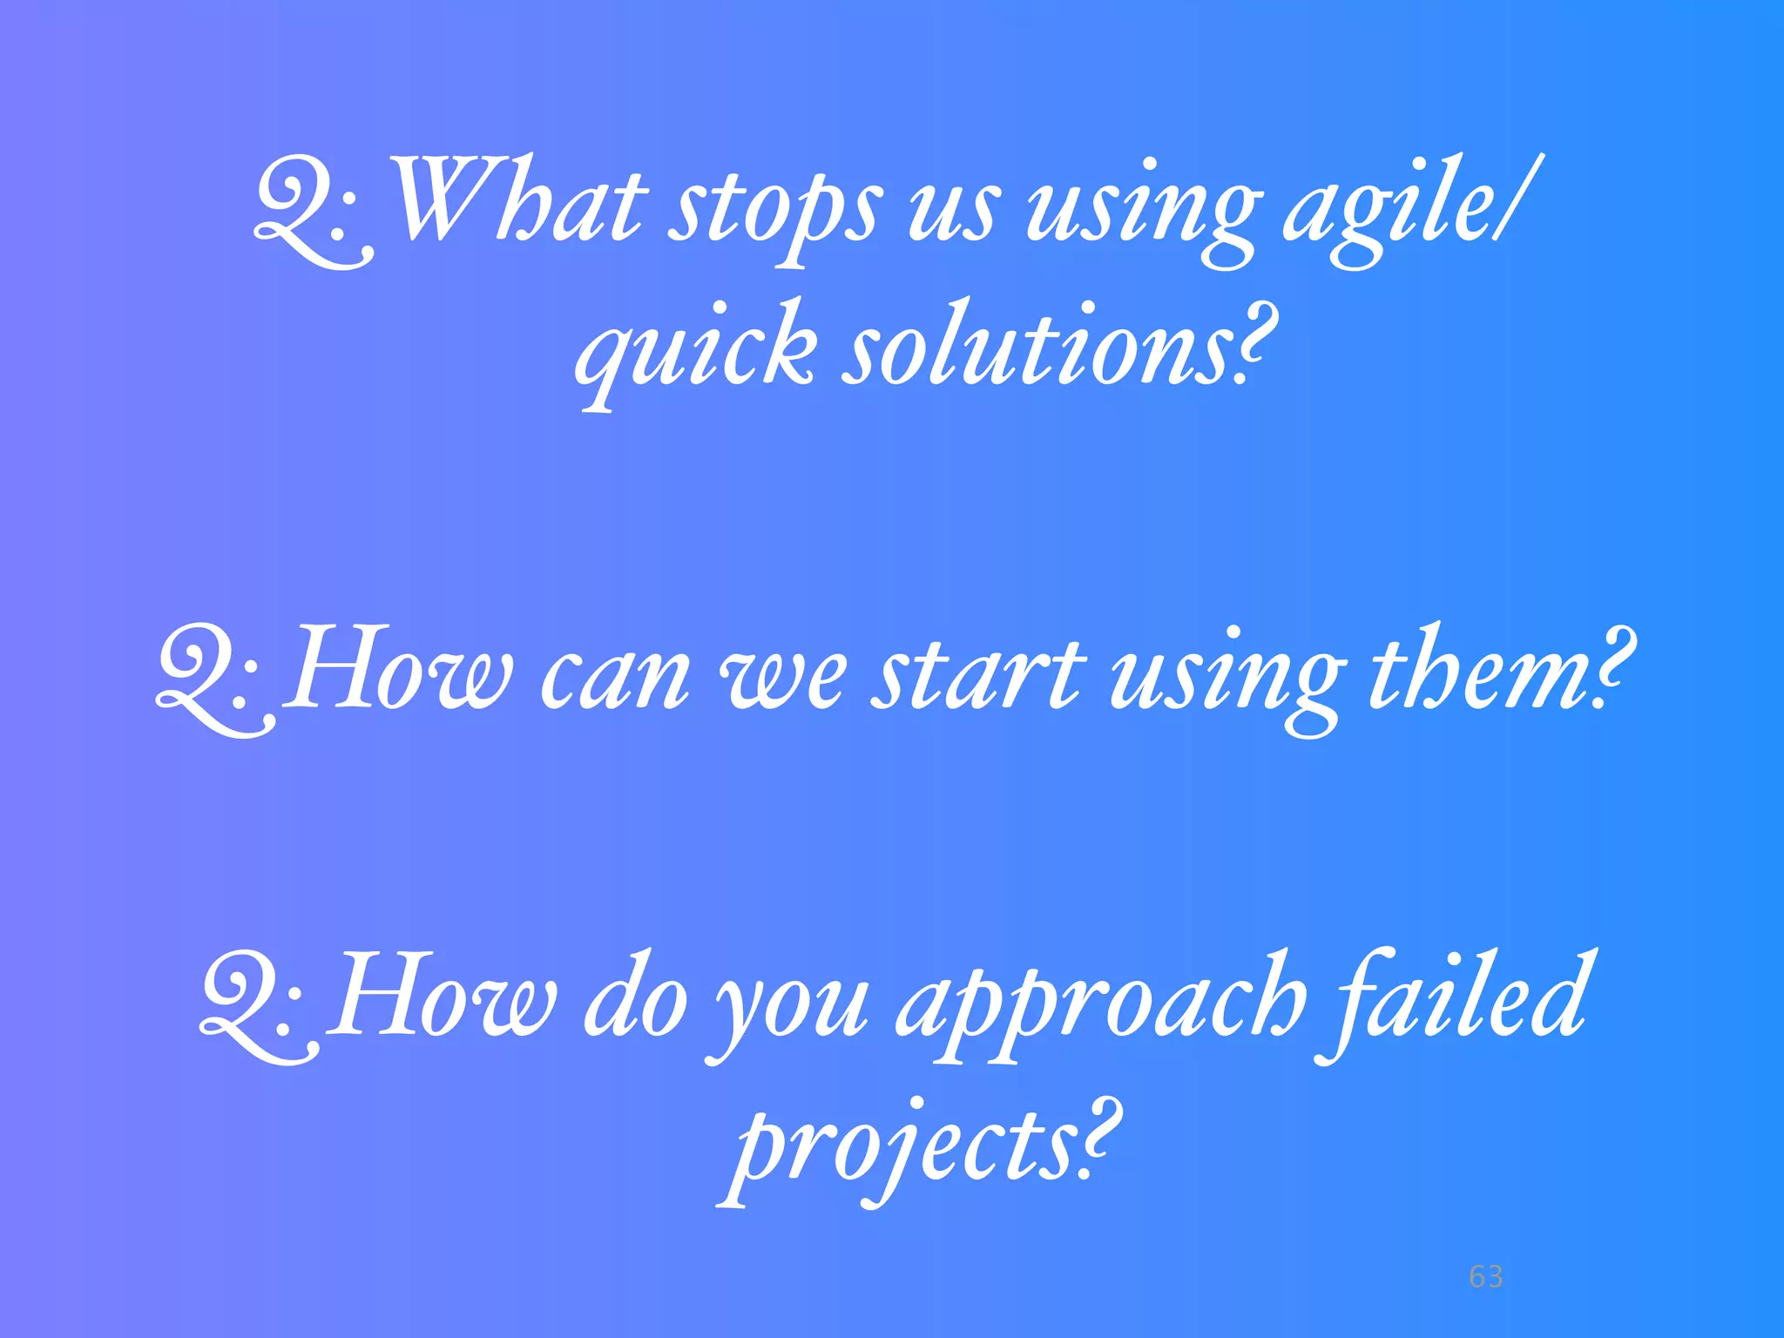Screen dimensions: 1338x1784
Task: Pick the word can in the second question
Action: click(x=615, y=675)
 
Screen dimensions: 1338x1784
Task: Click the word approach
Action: click(x=1102, y=1002)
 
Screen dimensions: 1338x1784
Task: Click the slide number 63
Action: click(x=1485, y=1277)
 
